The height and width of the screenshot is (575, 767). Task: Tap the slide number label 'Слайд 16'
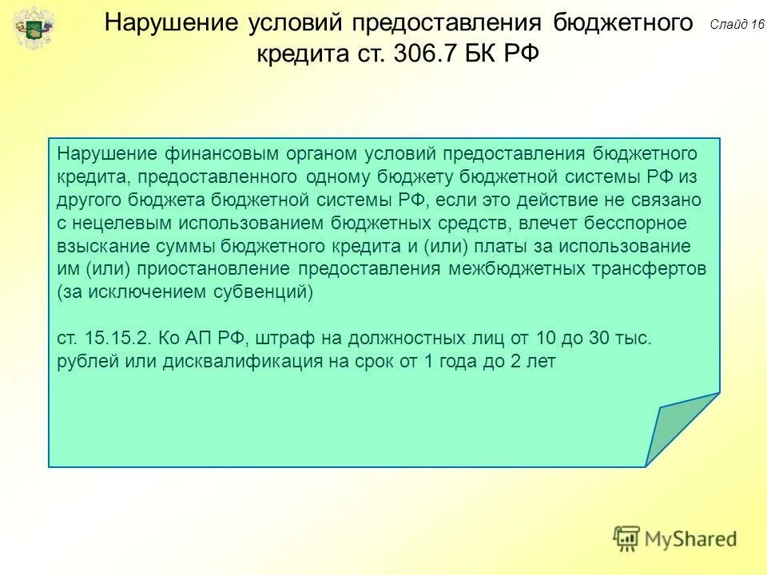[x=736, y=25]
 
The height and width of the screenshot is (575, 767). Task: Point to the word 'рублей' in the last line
[x=85, y=362]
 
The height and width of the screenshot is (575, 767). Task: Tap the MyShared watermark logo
[x=675, y=539]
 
